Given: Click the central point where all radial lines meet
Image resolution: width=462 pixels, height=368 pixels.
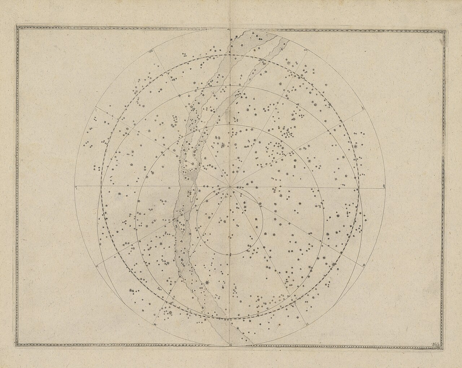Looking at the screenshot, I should click(x=230, y=187).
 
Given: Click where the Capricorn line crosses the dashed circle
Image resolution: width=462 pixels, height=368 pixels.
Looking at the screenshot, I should click(x=230, y=55).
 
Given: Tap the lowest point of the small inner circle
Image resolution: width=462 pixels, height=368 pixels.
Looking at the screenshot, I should click(x=230, y=255).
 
